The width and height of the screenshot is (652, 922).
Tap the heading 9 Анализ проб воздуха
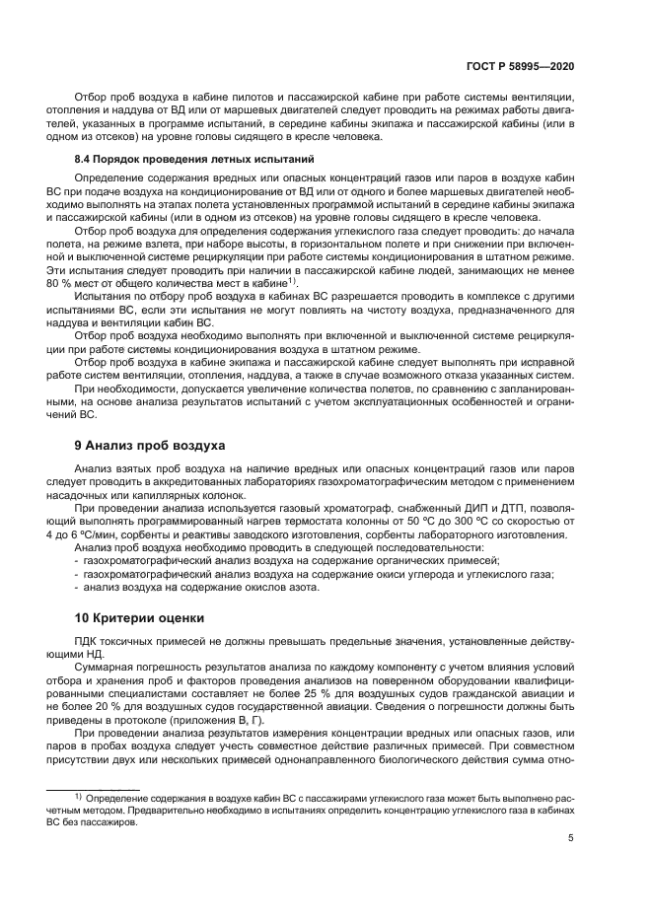pos(151,445)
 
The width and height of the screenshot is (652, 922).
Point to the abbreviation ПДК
pos(88,641)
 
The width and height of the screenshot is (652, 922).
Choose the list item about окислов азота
pos(202,588)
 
